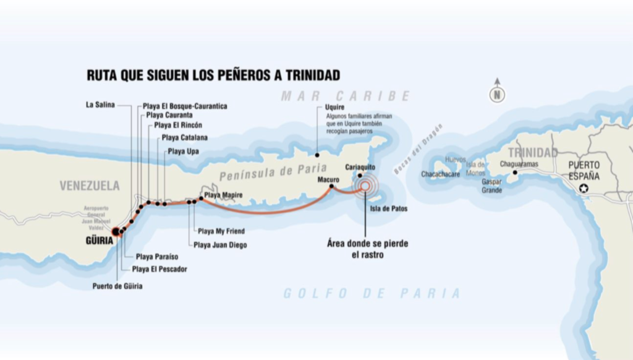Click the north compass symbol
tap(497, 94)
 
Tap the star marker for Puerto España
tap(584, 189)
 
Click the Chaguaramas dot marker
tap(514, 173)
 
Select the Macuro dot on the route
tap(332, 186)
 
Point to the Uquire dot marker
tap(317, 155)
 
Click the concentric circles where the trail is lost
tap(365, 185)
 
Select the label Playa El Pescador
tap(159, 269)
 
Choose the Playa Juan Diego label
tap(220, 245)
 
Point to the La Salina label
tap(100, 105)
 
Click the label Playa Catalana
tap(184, 137)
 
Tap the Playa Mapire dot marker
tap(201, 199)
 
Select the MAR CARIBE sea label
tap(346, 96)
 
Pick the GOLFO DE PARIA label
tap(372, 293)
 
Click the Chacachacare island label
tap(441, 174)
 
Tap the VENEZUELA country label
tap(90, 186)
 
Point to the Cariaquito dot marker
tap(359, 175)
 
